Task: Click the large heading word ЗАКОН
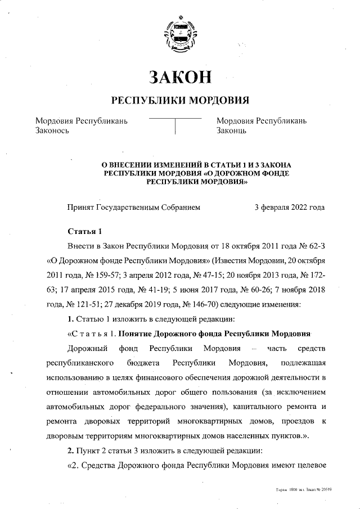pyautogui.click(x=180, y=77)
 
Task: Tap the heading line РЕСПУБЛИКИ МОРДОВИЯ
pyautogui.click(x=180, y=101)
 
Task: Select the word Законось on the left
pyautogui.click(x=52, y=130)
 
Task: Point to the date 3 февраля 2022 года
pyautogui.click(x=289, y=208)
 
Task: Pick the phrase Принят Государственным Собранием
pyautogui.click(x=133, y=208)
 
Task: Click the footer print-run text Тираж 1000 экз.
pyautogui.click(x=290, y=490)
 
